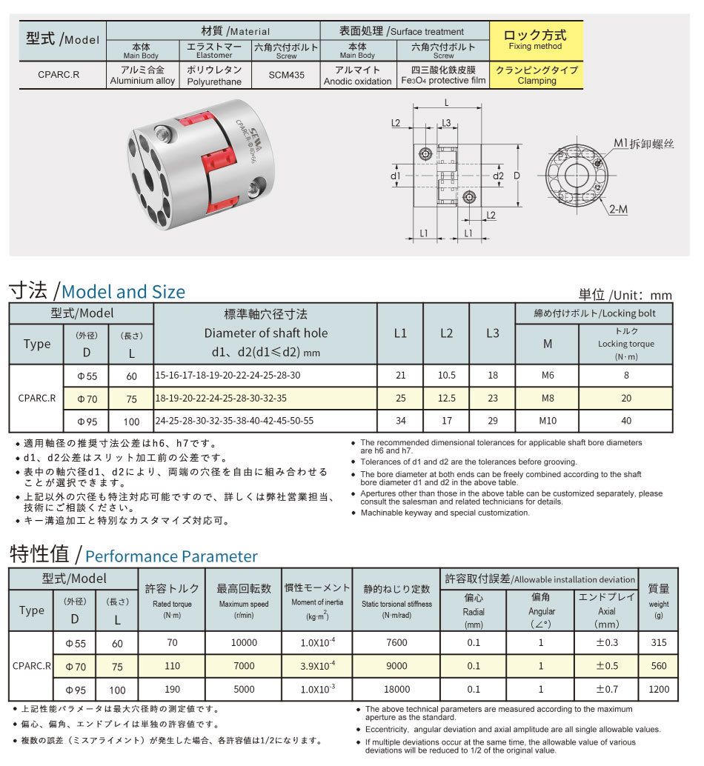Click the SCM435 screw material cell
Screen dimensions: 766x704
click(287, 76)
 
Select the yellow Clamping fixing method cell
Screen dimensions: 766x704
click(537, 76)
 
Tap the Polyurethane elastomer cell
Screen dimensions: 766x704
click(214, 76)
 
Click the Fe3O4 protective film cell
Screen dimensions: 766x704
click(443, 76)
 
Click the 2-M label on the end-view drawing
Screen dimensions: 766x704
click(618, 210)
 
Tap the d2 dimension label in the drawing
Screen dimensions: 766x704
click(498, 176)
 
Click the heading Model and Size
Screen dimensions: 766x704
click(123, 292)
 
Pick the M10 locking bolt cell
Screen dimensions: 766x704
click(548, 421)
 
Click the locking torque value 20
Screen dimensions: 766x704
click(626, 398)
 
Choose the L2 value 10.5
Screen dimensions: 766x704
click(446, 376)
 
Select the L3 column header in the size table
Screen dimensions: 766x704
click(492, 333)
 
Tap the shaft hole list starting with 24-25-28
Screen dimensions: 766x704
click(234, 421)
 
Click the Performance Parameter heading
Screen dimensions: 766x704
click(172, 556)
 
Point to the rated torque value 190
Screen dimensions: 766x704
click(172, 689)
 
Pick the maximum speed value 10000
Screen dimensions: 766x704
click(244, 643)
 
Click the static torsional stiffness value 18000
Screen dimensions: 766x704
click(396, 689)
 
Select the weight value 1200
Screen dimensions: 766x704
click(658, 689)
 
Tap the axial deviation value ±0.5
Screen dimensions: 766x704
click(605, 666)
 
